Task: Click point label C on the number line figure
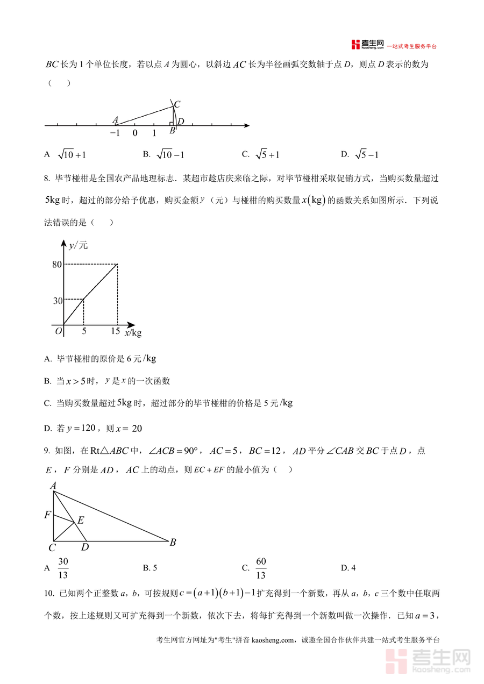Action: (x=176, y=104)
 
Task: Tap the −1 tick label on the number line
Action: (x=115, y=133)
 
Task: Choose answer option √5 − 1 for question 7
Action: (x=367, y=155)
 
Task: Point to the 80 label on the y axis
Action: (x=57, y=264)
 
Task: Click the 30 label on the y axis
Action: (x=58, y=301)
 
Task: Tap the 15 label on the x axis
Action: (x=116, y=331)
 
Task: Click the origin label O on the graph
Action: (x=58, y=331)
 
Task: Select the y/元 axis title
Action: (x=78, y=246)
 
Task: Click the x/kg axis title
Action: (x=133, y=333)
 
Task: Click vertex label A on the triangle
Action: (x=53, y=486)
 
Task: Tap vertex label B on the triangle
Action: (x=173, y=543)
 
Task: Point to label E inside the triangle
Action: (x=81, y=521)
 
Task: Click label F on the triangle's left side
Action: (x=48, y=515)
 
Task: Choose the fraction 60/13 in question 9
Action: (x=261, y=568)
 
